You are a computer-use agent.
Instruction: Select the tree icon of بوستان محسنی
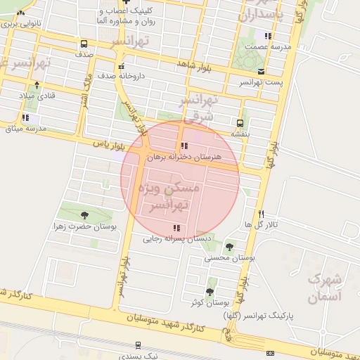click(x=229, y=246)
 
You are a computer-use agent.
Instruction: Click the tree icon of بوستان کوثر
click(x=209, y=292)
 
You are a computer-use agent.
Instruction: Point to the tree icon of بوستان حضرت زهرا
click(x=85, y=215)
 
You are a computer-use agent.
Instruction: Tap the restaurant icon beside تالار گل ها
click(x=261, y=213)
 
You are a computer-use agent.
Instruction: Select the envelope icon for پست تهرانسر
click(x=262, y=72)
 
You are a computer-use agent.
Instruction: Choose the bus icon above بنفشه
click(x=240, y=122)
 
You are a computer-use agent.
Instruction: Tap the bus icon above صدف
click(x=84, y=44)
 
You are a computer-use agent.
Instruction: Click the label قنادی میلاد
click(x=35, y=95)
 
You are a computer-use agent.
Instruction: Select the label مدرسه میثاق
click(x=25, y=129)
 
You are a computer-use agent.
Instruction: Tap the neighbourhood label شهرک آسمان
click(x=325, y=288)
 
